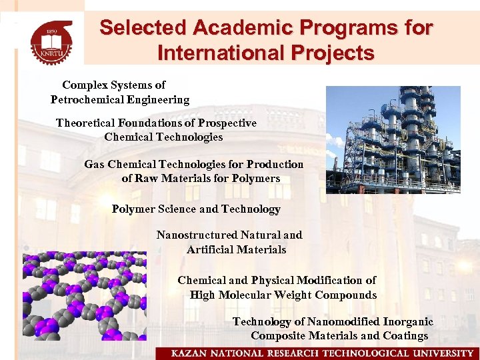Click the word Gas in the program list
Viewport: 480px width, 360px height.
pos(94,165)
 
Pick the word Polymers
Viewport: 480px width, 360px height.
pos(257,179)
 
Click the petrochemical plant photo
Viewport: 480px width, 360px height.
pos(393,139)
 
